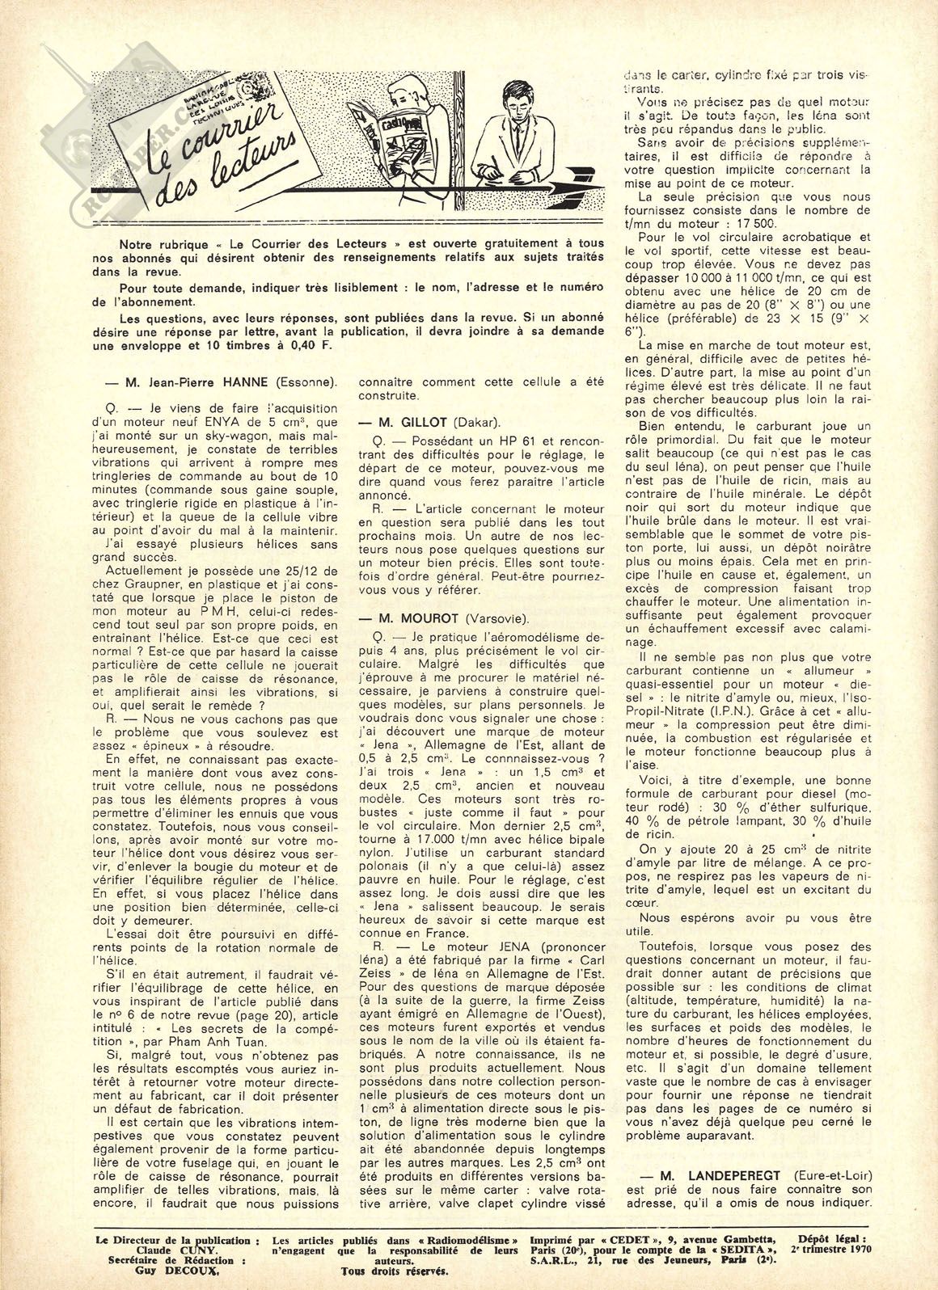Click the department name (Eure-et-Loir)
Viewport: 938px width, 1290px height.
tap(831, 1175)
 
